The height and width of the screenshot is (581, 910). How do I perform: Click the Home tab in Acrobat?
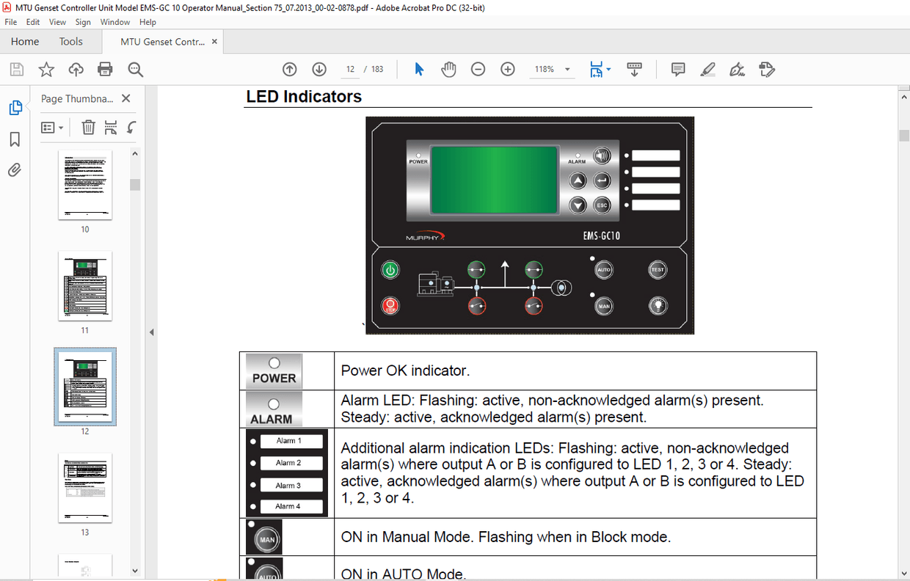25,42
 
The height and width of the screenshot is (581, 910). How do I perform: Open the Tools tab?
71,42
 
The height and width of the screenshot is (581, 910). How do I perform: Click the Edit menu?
33,22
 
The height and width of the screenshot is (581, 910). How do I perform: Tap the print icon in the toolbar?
105,70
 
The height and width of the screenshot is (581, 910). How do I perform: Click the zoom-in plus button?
507,70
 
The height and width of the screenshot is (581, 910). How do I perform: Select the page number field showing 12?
351,70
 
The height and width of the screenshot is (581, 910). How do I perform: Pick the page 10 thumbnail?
85,185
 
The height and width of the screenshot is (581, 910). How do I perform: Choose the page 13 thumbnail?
85,487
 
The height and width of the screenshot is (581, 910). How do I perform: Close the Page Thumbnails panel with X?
126,98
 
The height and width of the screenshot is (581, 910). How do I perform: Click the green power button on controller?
390,270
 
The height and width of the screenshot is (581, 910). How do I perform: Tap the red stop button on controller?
390,304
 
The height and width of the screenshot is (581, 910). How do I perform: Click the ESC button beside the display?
602,205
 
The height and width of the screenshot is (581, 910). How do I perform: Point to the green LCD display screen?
494,180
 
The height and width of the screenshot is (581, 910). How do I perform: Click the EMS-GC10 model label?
596,237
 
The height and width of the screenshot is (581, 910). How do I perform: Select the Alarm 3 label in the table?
288,486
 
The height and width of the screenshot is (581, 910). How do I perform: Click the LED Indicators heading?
304,97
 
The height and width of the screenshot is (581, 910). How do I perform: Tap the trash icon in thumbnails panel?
88,128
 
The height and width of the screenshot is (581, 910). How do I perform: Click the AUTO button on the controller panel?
603,270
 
